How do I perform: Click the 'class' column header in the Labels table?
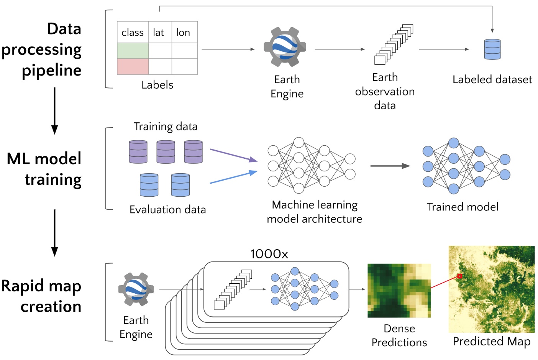point(133,33)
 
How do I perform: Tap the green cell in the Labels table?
point(133,51)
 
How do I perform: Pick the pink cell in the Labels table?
point(133,66)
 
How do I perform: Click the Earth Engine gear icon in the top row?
point(285,47)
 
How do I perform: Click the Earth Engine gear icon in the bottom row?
point(136,289)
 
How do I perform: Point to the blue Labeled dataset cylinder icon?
point(492,49)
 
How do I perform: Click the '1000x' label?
point(269,254)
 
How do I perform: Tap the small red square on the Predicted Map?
point(459,276)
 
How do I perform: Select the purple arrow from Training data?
point(233,155)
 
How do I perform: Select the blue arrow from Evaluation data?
point(233,178)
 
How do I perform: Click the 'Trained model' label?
point(463,207)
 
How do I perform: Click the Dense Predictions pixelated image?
point(399,291)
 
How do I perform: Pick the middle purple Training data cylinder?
point(166,152)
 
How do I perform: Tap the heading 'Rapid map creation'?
point(41,296)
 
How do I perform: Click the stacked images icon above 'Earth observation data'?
point(394,44)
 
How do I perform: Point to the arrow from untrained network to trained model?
point(390,166)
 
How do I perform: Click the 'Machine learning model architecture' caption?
point(314,212)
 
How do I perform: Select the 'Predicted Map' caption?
point(492,341)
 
